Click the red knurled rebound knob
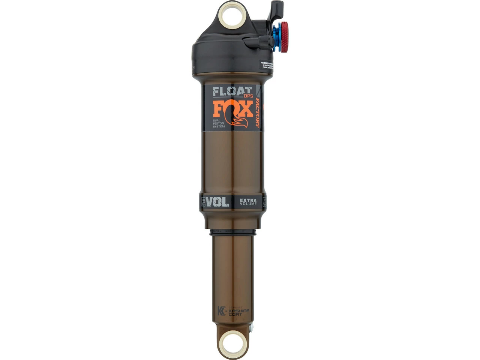coord(284,37)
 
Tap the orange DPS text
coord(248,96)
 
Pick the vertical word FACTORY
coord(258,112)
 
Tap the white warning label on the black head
coord(266,65)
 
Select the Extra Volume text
coord(248,202)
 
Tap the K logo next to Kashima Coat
coord(222,311)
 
